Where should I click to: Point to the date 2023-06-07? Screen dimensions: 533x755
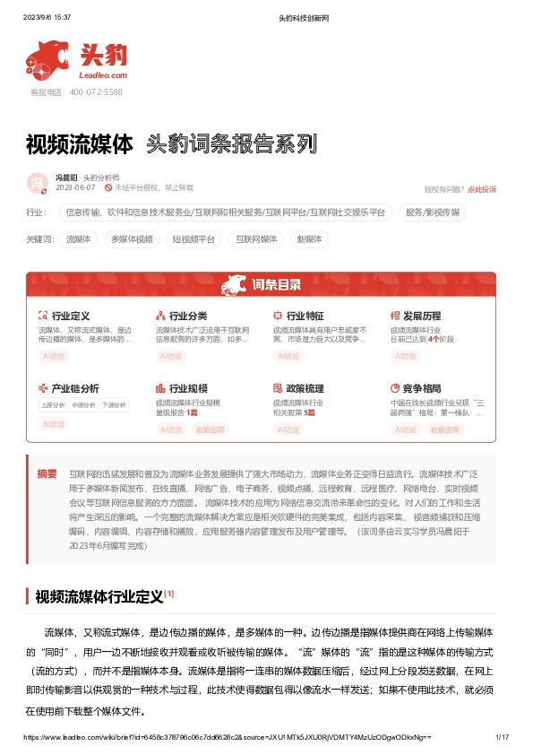coord(75,188)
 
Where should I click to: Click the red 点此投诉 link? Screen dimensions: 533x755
coord(482,189)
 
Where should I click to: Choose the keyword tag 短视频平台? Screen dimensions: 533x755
coord(193,239)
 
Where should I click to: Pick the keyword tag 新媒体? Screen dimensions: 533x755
coord(309,239)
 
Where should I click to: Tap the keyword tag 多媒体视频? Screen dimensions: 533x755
coord(132,239)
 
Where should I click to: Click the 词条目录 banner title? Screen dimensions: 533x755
coord(276,285)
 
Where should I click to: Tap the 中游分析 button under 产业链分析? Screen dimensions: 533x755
coord(83,404)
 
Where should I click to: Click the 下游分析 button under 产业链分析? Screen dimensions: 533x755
coord(114,404)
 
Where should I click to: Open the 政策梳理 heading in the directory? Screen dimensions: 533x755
coord(305,388)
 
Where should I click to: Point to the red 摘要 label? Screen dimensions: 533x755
coord(47,473)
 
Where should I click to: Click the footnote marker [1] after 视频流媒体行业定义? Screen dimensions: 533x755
coord(169,593)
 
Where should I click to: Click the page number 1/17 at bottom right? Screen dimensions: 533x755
coord(502,736)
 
